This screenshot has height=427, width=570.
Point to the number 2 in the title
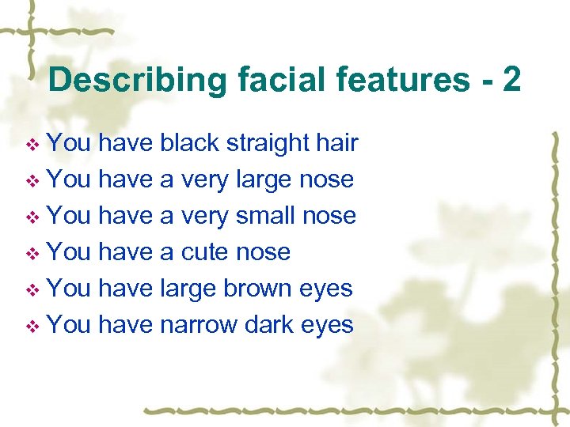click(x=511, y=81)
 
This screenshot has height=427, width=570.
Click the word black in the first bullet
click(x=190, y=143)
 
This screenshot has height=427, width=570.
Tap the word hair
click(x=337, y=143)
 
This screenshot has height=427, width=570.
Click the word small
click(x=266, y=215)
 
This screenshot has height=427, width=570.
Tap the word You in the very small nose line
click(x=69, y=215)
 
